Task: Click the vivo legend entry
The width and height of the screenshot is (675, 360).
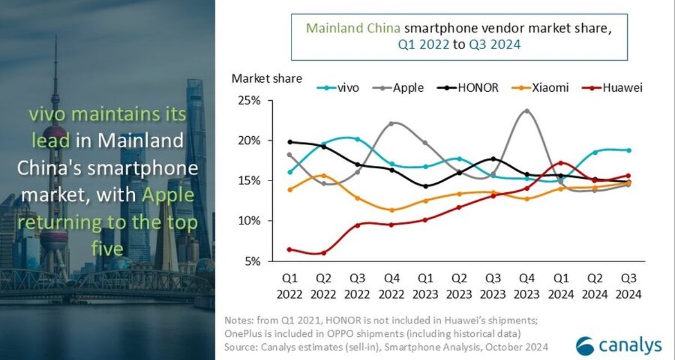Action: [x=337, y=88]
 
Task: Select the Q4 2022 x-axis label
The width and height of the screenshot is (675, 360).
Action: [x=392, y=286]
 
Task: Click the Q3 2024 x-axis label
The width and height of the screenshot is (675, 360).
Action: [x=628, y=286]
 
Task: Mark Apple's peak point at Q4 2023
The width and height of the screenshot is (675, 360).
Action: [x=526, y=111]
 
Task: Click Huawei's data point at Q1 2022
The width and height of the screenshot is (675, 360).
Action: [x=290, y=249]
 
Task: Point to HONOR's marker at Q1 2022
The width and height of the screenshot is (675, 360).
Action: [x=290, y=142]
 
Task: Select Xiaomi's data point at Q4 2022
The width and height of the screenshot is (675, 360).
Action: [x=392, y=210]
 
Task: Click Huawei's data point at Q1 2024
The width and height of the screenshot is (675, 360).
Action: [x=561, y=163]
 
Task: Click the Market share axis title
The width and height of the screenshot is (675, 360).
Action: [x=267, y=78]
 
